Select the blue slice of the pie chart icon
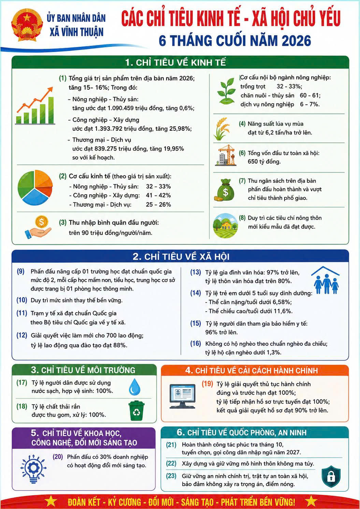[x=35, y=197]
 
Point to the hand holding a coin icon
[x=39, y=227]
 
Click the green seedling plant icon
[x=226, y=91]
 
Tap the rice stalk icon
[x=221, y=129]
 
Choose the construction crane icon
[x=226, y=155]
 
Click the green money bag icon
[x=224, y=190]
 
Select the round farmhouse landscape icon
[x=226, y=225]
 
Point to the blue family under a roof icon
[x=326, y=280]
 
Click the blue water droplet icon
[x=135, y=386]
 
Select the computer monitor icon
[x=182, y=396]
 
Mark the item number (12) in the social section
[x=22, y=335]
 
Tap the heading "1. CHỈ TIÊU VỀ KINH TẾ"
[x=175, y=63]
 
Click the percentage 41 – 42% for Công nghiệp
[x=158, y=195]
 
